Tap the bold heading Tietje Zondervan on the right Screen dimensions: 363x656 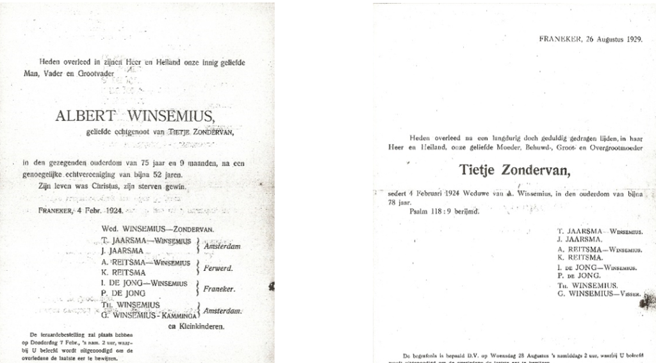(514, 170)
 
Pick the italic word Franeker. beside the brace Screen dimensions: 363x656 (219, 289)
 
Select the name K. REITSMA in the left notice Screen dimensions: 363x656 (126, 273)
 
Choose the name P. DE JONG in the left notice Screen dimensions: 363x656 (126, 294)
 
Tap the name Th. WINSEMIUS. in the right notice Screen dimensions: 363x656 (587, 286)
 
